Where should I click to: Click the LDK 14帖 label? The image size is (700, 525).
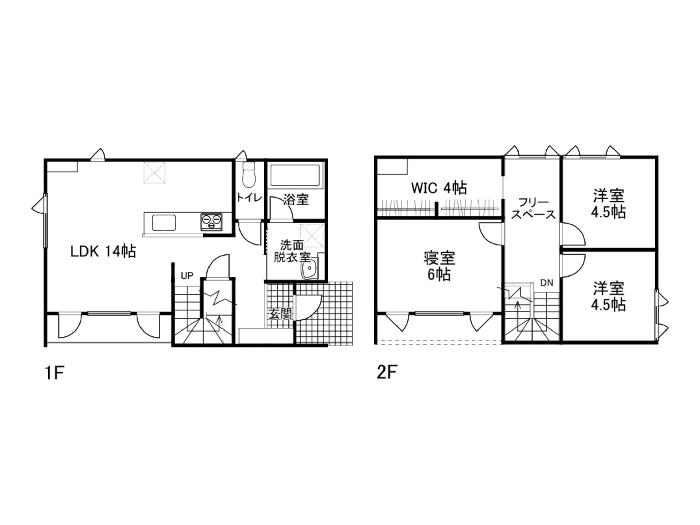tap(103, 252)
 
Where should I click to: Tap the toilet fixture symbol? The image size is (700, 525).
tap(249, 175)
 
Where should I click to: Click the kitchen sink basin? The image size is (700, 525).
tap(164, 223)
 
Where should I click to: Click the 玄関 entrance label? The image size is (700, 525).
tap(280, 313)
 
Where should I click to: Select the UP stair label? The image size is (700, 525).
tap(187, 275)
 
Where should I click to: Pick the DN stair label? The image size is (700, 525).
tap(547, 283)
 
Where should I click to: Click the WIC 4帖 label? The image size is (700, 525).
tap(439, 188)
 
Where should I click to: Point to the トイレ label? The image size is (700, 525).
tap(249, 198)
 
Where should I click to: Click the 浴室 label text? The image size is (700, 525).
tap(296, 200)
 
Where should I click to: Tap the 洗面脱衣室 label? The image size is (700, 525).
tap(292, 251)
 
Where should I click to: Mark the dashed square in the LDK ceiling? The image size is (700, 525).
tap(154, 173)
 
